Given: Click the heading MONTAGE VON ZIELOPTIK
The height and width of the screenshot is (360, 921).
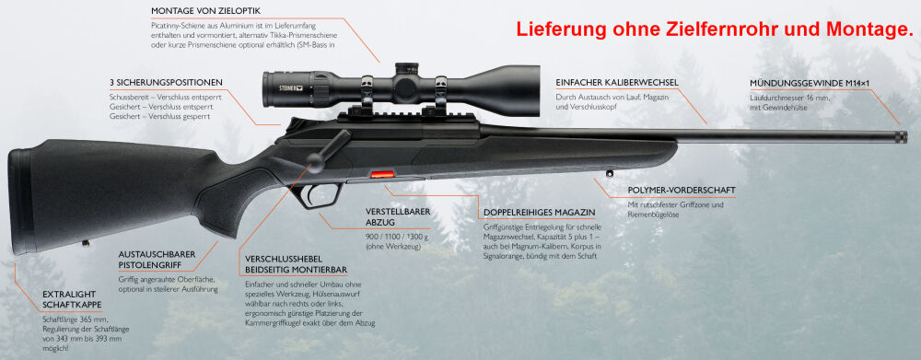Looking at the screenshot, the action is tap(205, 11).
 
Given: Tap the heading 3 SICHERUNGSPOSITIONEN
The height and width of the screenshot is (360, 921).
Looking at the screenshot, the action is tap(166, 82).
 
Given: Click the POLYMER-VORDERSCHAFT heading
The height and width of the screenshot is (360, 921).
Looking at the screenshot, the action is tap(682, 191).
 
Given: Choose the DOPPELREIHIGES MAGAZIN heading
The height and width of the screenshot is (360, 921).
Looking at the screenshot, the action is tap(540, 212).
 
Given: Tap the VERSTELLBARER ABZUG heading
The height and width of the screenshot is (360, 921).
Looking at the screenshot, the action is tap(398, 216).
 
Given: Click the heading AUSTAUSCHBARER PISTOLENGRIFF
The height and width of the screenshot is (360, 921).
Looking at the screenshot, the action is tap(157, 261).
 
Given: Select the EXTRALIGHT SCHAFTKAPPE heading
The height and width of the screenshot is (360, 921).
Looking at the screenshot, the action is tap(72, 299).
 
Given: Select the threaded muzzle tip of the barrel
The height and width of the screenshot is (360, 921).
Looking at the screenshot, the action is tap(900, 137).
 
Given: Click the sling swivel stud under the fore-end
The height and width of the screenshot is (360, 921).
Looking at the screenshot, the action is tap(610, 173).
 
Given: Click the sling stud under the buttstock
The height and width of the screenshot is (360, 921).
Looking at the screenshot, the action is tap(86, 243).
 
